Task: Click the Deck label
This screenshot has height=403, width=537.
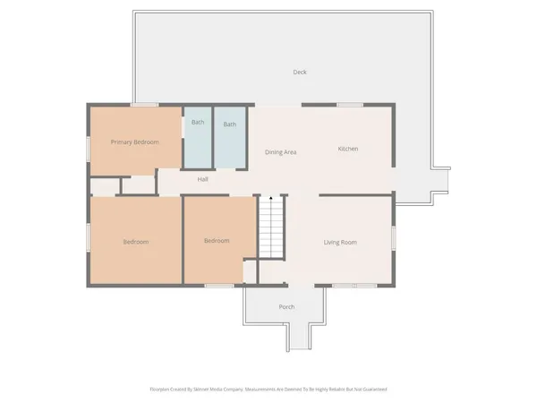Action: [x=300, y=72]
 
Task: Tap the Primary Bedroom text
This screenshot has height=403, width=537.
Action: [x=134, y=142]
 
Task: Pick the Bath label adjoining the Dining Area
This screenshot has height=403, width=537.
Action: [x=230, y=124]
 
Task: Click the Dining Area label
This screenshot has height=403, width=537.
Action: [x=280, y=152]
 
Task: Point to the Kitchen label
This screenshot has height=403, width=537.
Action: [x=348, y=149]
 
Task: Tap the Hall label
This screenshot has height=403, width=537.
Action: [x=203, y=179]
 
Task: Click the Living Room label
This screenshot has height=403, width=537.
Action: [x=340, y=242]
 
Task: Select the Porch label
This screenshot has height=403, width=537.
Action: [x=286, y=307]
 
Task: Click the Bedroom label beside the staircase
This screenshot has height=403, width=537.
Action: [x=217, y=240]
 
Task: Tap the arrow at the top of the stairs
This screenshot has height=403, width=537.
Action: [x=271, y=197]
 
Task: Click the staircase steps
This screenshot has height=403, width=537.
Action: [x=271, y=228]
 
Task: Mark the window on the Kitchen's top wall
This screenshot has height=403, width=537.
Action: [x=349, y=105]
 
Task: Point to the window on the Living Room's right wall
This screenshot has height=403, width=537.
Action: [x=393, y=237]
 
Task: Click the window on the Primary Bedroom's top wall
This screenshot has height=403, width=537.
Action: [x=139, y=105]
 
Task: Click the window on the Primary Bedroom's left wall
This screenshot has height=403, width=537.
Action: [x=88, y=148]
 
